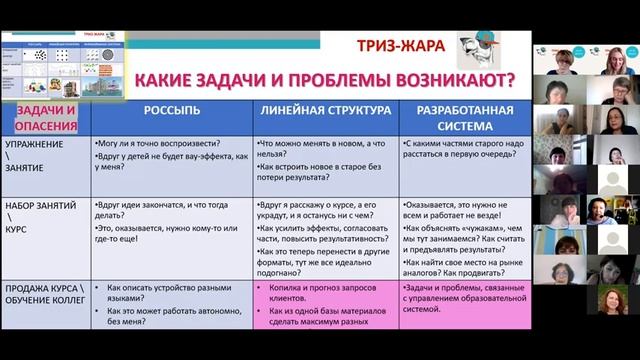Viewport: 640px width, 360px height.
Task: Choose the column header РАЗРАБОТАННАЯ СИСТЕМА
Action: [x=461, y=117]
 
